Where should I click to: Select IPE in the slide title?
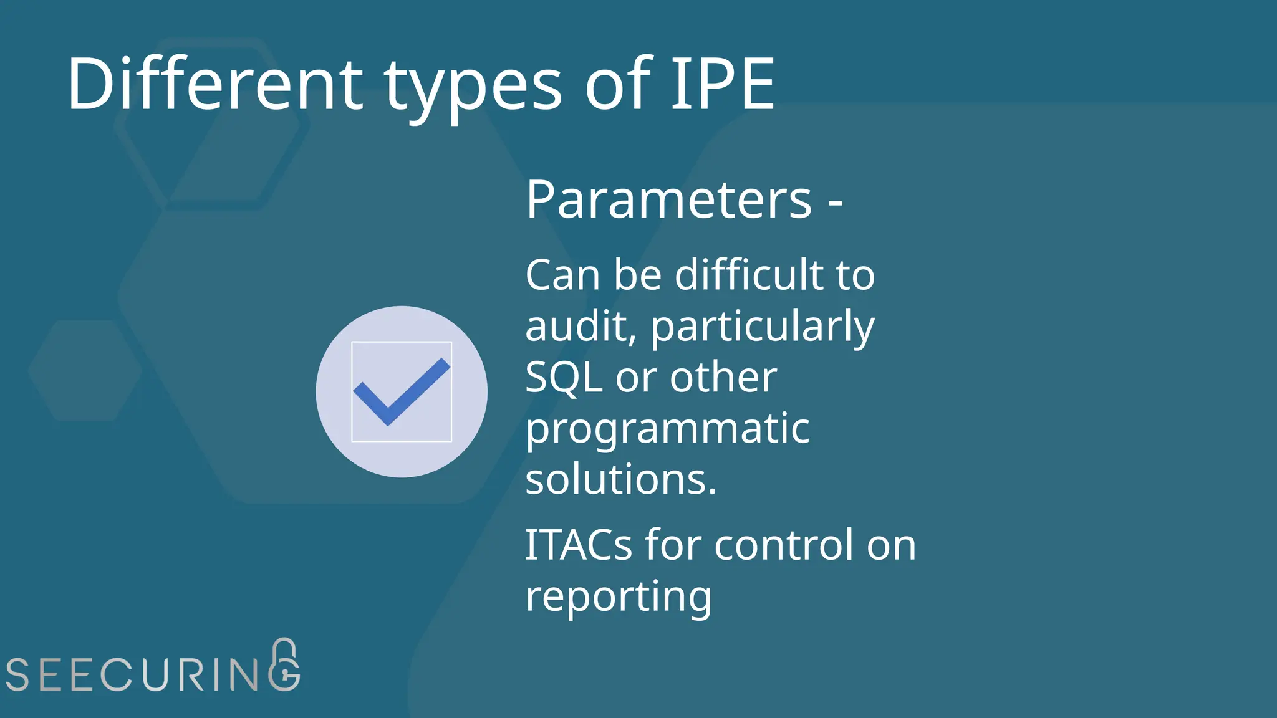point(723,84)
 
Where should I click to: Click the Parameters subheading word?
point(668,199)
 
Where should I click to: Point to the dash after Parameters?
point(836,202)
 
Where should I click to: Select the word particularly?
point(763,327)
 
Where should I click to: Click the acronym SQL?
point(564,378)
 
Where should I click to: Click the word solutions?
point(620,479)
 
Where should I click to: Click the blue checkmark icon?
point(402,391)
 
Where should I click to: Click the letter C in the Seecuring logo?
point(117,674)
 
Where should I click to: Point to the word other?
point(723,378)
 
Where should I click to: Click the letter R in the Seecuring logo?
point(193,674)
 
